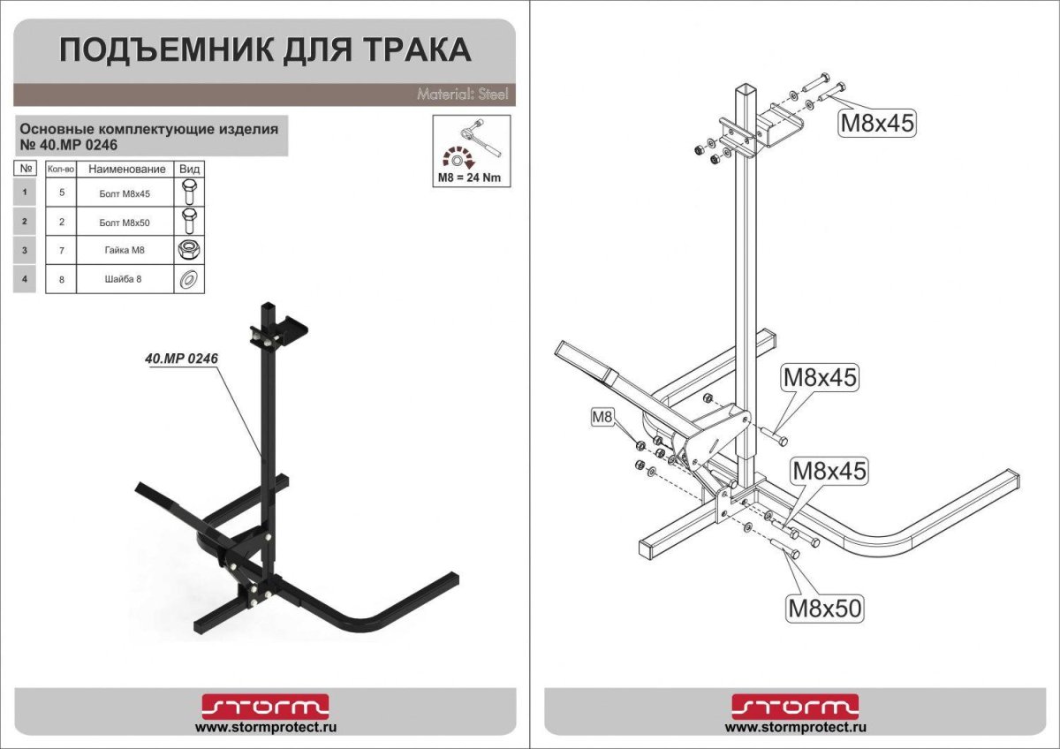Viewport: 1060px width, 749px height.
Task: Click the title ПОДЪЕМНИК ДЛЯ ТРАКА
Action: point(264,50)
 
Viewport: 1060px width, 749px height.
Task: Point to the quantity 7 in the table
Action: point(61,251)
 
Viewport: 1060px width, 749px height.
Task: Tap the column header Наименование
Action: point(126,169)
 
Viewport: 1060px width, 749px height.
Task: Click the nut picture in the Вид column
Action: point(188,251)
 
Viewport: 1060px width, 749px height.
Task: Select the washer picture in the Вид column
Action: point(188,280)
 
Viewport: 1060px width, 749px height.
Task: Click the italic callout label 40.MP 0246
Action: point(181,359)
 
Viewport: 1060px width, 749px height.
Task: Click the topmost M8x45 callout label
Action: point(875,122)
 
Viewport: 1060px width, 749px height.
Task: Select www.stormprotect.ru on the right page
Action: point(795,728)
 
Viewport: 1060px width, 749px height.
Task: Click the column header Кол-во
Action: point(61,169)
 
